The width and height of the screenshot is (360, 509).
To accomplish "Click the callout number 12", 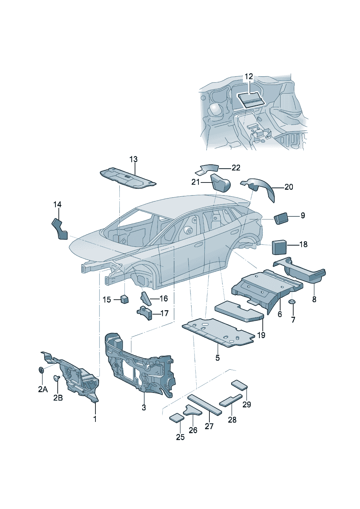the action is tap(249, 77).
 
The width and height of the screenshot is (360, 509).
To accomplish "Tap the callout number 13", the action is tap(134, 159).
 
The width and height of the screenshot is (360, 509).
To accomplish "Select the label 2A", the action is tap(43, 389).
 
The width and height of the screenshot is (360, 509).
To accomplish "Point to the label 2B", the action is tap(58, 398).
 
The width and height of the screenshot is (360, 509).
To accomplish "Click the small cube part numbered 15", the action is tap(124, 299).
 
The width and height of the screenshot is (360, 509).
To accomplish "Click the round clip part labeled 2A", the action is tap(41, 370).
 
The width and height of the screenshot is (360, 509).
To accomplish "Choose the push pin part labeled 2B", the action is tap(57, 378).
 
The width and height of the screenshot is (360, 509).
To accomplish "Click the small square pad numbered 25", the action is tap(177, 417).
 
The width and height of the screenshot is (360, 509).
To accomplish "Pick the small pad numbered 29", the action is tap(240, 385).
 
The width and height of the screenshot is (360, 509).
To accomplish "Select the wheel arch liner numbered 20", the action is tap(262, 187).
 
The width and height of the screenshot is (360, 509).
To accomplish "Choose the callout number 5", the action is tap(217, 358).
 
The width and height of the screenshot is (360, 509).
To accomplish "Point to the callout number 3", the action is tap(144, 407).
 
